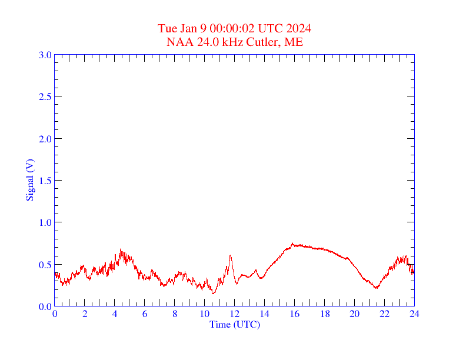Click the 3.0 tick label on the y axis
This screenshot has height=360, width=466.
[x=45, y=55]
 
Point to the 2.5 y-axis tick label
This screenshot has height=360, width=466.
[x=45, y=96]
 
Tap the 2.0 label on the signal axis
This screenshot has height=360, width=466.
[x=45, y=139]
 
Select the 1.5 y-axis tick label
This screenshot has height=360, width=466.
[x=45, y=181]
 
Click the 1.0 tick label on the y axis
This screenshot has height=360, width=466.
[x=45, y=222]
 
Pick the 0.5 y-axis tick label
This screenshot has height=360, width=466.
[x=45, y=265]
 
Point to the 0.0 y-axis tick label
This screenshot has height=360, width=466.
[x=45, y=306]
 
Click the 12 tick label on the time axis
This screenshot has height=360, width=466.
[x=235, y=314]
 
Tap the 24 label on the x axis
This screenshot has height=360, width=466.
[x=414, y=314]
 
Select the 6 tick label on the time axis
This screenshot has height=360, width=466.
[x=145, y=314]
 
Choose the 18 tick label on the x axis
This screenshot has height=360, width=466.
[x=324, y=314]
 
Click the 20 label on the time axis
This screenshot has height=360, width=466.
[x=354, y=314]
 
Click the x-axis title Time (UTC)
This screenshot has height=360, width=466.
[x=235, y=324]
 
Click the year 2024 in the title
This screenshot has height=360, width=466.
[x=299, y=29]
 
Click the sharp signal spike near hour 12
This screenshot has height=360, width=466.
[x=230, y=255]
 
